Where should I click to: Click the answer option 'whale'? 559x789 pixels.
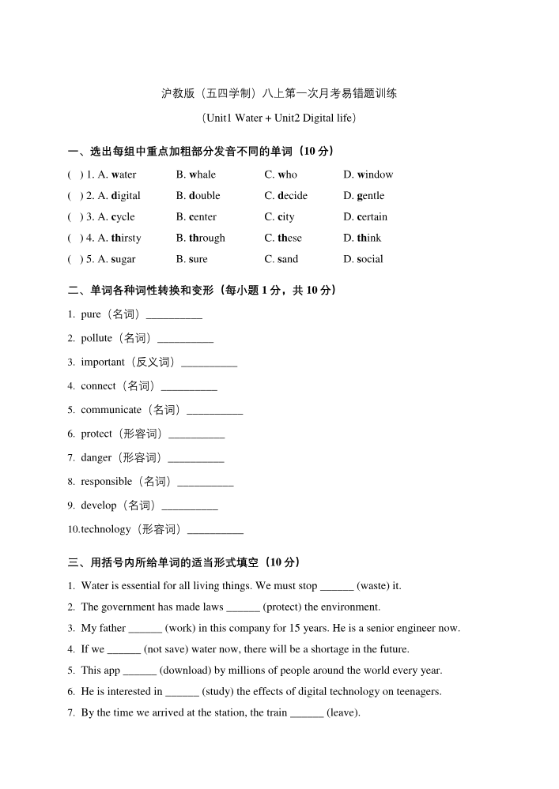coord(202,175)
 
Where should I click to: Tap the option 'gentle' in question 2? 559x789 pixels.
coord(370,196)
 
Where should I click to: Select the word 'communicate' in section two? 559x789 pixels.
coord(111,410)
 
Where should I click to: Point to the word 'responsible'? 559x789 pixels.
coord(106,481)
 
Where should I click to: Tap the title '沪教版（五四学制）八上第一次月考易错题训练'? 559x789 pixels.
coord(279,93)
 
